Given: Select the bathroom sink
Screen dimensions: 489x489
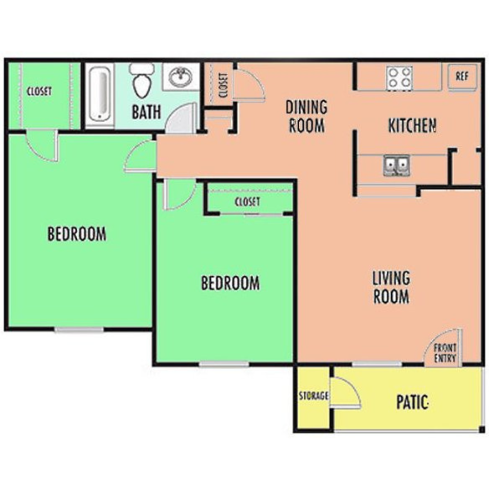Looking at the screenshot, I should pos(181,77).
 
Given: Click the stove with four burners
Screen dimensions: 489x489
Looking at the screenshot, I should pos(399,77).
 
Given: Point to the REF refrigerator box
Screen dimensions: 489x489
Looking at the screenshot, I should pos(462,77).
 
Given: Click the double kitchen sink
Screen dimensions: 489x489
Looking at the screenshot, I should pos(396,165).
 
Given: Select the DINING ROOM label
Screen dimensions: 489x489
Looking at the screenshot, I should pos(307,116).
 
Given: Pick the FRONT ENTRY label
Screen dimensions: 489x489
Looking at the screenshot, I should pos(446,354).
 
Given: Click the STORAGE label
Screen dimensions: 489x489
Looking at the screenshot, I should pos(313,396).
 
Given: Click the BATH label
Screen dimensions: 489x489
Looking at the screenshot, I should pos(146,111).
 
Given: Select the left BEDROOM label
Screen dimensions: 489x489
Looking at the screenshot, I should pos(77,234).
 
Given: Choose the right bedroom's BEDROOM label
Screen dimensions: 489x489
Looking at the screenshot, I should pos(230,283).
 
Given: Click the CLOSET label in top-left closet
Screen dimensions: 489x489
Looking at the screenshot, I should pos(39,91).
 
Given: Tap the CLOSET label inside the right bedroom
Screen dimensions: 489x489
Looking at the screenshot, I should pos(247,201).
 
